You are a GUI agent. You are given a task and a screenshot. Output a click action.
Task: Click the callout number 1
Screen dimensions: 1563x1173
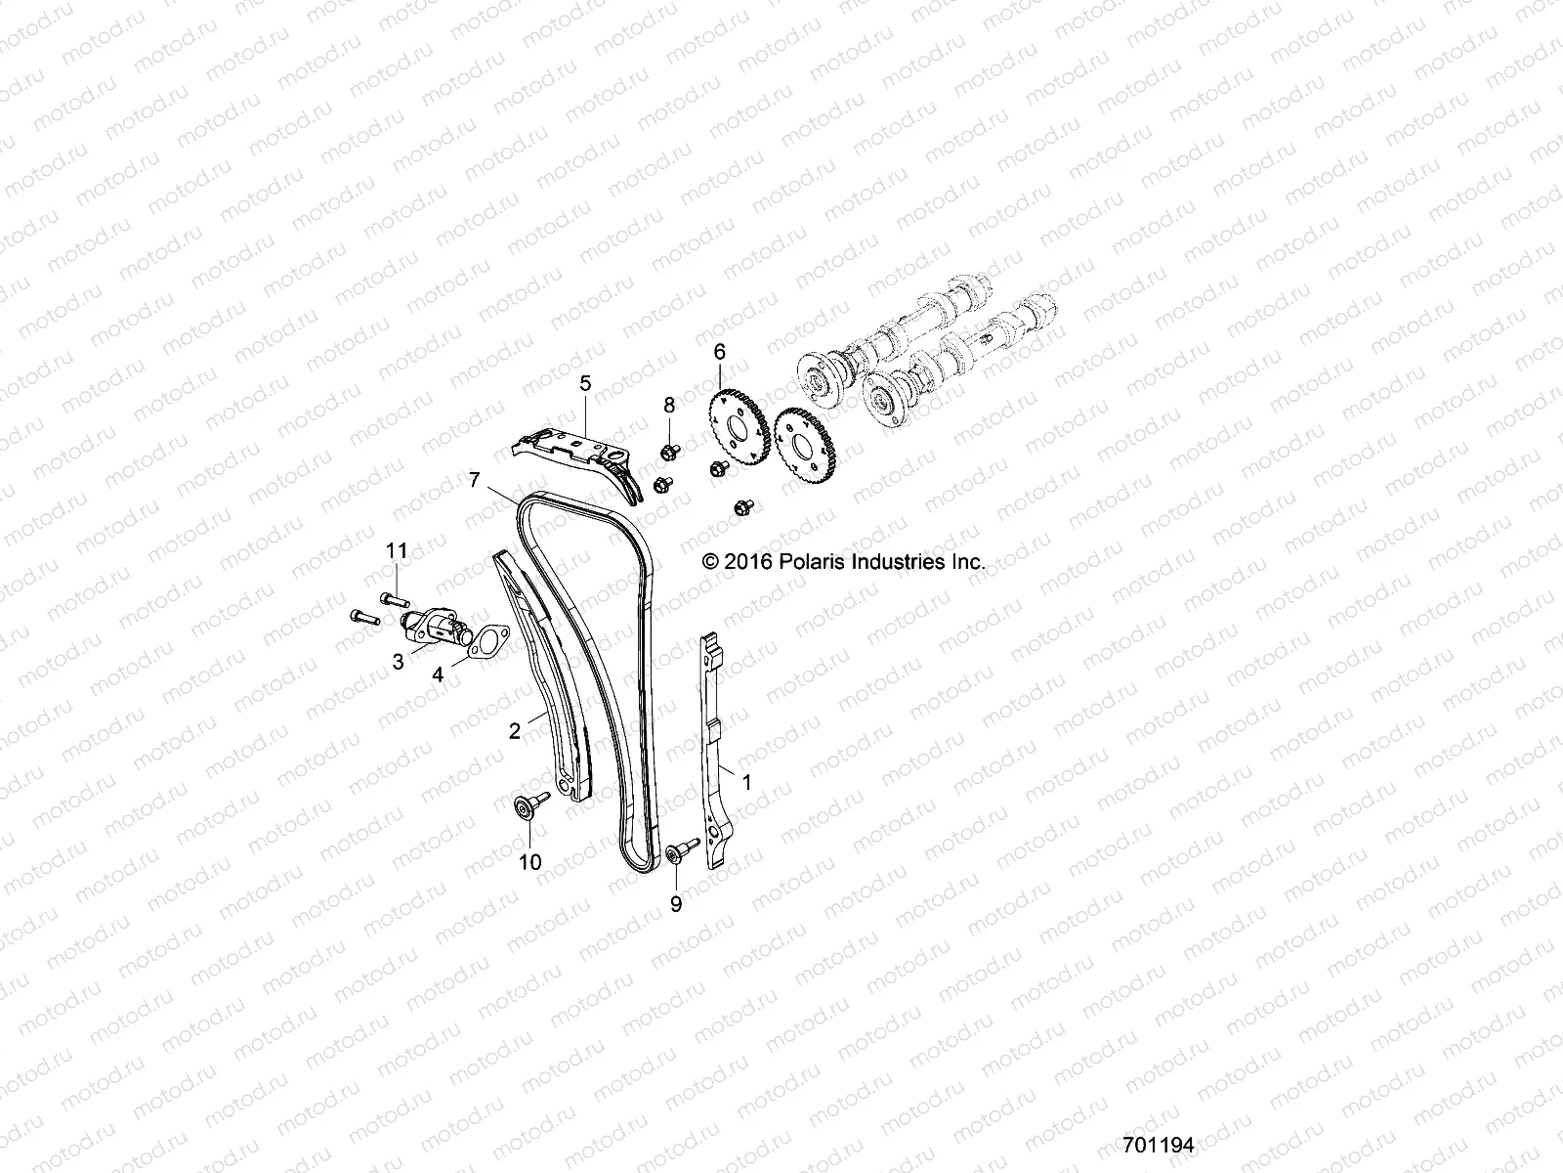click(747, 783)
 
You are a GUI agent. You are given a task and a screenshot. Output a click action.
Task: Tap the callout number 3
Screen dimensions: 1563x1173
click(399, 662)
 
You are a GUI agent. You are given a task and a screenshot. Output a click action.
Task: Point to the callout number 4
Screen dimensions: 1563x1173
click(439, 673)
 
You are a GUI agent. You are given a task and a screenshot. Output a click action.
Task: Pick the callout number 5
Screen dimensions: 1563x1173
click(585, 383)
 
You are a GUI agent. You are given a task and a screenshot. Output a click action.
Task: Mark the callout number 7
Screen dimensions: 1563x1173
click(475, 480)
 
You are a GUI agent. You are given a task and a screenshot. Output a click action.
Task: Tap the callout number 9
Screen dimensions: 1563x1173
click(676, 904)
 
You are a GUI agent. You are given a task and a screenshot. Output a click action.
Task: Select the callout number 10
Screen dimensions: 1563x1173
click(530, 861)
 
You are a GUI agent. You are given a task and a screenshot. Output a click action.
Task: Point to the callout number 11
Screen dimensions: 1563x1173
click(396, 551)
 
